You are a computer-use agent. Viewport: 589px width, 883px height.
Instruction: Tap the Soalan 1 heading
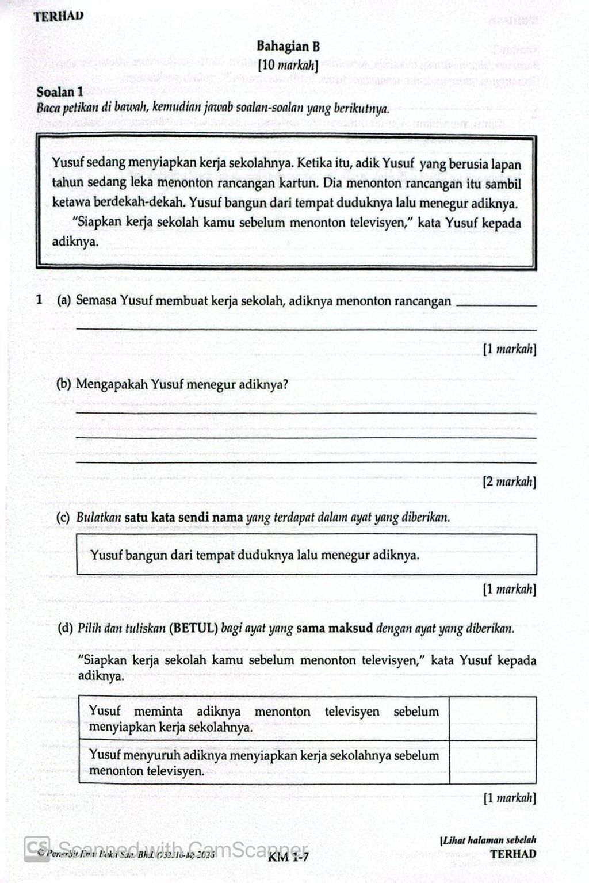tap(60, 92)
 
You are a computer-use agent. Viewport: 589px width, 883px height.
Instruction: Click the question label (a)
tap(63, 300)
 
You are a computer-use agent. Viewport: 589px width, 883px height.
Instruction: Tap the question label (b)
tap(63, 384)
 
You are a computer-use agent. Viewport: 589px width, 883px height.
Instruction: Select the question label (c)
tap(63, 517)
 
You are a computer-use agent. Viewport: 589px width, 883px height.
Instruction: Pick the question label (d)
tap(64, 628)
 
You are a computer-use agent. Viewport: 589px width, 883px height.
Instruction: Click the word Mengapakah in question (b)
tap(112, 384)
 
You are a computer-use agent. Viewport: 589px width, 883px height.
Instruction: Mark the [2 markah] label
tap(509, 481)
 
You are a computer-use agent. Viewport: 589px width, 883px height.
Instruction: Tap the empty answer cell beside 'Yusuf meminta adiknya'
tap(492, 718)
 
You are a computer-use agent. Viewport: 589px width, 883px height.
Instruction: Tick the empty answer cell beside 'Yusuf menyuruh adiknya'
tap(492, 762)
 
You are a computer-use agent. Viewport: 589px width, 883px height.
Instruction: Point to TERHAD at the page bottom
tap(513, 854)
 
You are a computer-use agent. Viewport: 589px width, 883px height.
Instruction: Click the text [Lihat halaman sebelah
tap(488, 840)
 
